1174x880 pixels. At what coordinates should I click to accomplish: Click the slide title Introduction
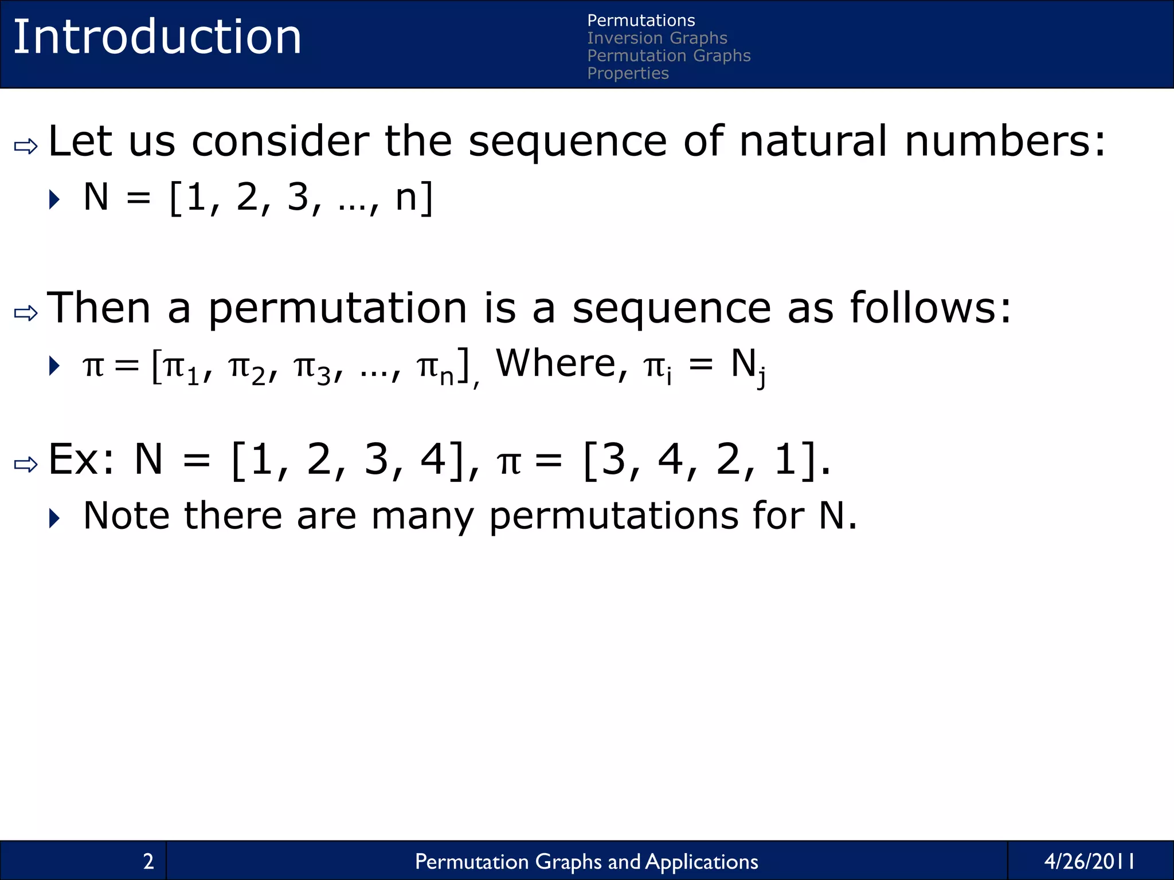[x=157, y=37]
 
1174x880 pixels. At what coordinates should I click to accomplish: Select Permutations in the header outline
[x=641, y=21]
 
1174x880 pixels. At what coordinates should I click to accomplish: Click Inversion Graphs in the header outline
[x=657, y=38]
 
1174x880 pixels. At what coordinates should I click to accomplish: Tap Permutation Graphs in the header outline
[x=668, y=56]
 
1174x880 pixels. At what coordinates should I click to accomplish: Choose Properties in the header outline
[x=628, y=73]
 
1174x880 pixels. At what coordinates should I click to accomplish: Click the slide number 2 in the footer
[x=148, y=861]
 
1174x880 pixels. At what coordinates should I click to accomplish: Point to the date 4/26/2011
[x=1089, y=861]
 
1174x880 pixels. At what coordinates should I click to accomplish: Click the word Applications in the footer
[x=702, y=862]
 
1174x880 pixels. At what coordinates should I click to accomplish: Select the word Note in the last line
[x=126, y=516]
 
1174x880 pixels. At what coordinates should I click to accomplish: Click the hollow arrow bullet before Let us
[x=26, y=147]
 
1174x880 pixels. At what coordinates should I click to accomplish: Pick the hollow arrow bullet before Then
[x=26, y=313]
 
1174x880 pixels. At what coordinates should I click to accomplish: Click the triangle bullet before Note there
[x=55, y=518]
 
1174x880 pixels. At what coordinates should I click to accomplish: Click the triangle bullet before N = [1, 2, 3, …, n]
[x=55, y=199]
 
